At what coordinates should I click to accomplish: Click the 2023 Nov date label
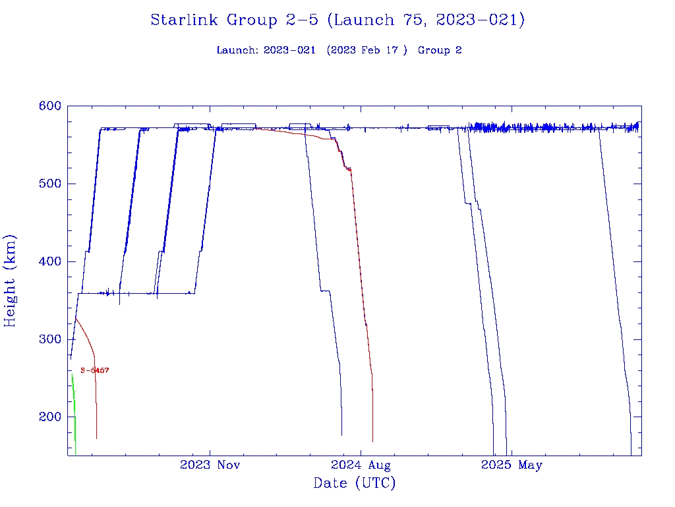click(210, 465)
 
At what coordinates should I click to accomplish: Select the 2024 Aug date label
click(361, 465)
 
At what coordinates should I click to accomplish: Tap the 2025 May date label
click(512, 465)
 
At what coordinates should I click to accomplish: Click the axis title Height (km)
click(11, 281)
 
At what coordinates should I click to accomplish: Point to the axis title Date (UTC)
click(355, 483)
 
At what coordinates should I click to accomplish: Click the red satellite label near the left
click(94, 371)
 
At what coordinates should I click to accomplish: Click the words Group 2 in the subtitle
click(440, 50)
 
